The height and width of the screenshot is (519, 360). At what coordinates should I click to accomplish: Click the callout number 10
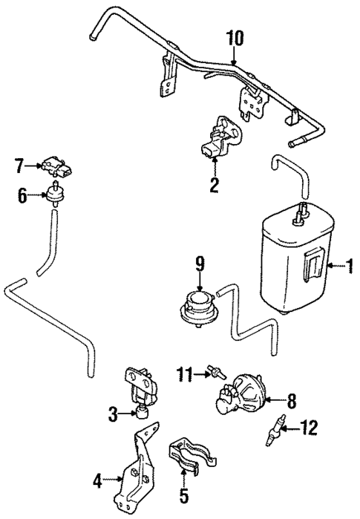click(x=234, y=36)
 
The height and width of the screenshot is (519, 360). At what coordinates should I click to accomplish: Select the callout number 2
click(x=214, y=185)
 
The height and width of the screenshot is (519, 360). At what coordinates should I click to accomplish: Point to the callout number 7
click(x=20, y=165)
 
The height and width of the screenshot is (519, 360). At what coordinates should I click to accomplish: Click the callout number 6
click(x=22, y=195)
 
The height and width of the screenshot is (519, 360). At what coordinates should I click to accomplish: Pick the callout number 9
click(x=200, y=264)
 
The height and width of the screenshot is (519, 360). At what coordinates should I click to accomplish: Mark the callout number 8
click(x=291, y=401)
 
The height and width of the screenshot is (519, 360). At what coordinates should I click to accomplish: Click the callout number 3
click(x=113, y=415)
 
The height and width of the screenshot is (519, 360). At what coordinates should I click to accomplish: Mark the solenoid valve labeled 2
click(x=217, y=137)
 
